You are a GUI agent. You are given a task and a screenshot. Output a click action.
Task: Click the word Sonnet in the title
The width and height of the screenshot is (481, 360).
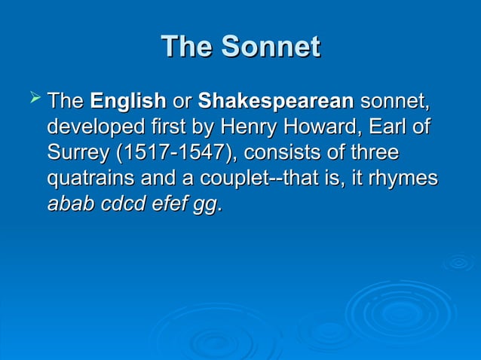point(270,47)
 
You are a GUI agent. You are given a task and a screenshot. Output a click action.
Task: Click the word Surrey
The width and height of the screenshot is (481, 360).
point(78,152)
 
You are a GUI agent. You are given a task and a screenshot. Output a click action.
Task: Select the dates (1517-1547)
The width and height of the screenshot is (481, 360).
point(175,152)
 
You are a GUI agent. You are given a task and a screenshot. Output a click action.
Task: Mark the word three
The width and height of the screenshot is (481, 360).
point(375,152)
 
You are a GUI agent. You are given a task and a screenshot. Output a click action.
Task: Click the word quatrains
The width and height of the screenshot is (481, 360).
point(90,178)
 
